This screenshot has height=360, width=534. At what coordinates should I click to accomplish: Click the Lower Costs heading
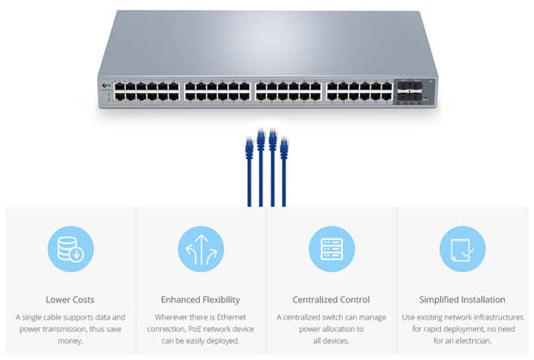coord(71,300)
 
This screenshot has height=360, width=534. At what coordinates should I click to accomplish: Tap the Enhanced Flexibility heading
coord(201,300)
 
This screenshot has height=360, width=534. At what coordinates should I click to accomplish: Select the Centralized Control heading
coord(332,300)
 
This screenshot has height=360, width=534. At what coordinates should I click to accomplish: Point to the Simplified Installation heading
coord(463,300)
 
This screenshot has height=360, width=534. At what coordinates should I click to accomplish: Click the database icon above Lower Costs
coord(70,250)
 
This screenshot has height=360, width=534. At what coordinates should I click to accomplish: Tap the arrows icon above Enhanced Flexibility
coord(201,250)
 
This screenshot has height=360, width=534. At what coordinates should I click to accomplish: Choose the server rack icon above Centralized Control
coord(332,250)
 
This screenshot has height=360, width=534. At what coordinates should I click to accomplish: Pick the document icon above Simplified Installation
coord(463,250)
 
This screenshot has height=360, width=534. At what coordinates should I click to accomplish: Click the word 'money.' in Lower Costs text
coord(71,341)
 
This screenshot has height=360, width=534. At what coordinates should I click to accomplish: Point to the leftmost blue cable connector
coord(249,148)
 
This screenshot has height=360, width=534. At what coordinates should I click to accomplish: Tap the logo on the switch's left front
coord(104,84)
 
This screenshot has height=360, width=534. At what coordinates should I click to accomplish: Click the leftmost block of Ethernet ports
coord(146,92)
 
